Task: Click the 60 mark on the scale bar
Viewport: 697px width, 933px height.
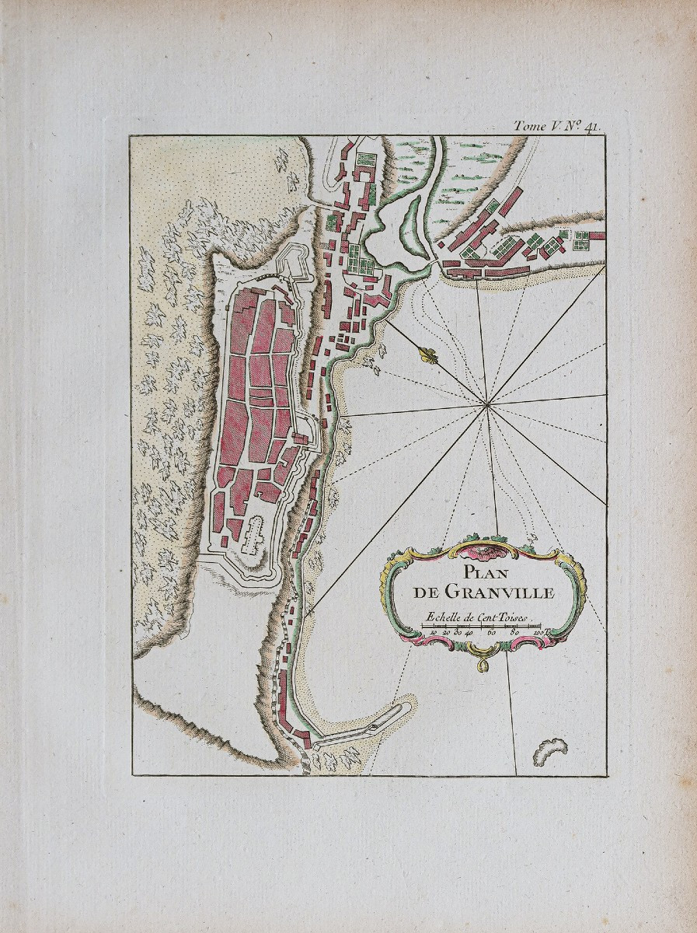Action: point(492,634)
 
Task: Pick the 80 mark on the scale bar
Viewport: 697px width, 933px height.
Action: point(514,634)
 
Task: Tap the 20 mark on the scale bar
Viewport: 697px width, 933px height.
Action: point(446,634)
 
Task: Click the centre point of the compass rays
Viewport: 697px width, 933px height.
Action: point(486,403)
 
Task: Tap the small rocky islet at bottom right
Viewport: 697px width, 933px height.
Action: point(549,751)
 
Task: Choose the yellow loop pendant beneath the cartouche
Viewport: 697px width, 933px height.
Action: point(483,662)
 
